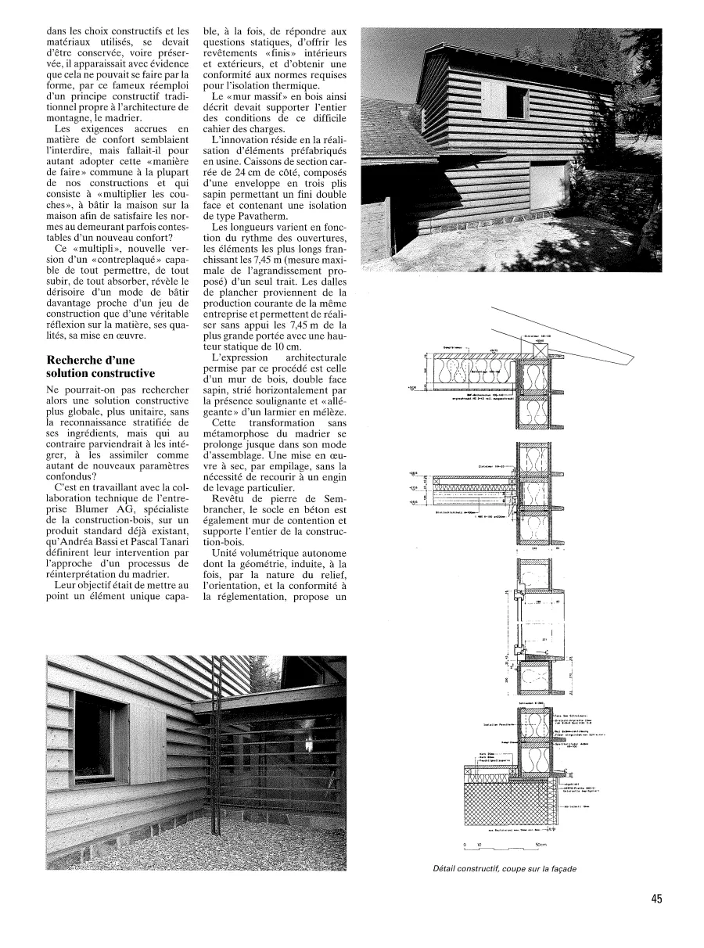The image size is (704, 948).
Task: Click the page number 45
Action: click(x=656, y=899)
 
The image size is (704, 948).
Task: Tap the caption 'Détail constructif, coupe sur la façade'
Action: click(x=508, y=867)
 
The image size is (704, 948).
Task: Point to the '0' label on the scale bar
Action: click(x=465, y=844)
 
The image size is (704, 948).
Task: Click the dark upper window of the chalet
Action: click(x=516, y=101)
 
